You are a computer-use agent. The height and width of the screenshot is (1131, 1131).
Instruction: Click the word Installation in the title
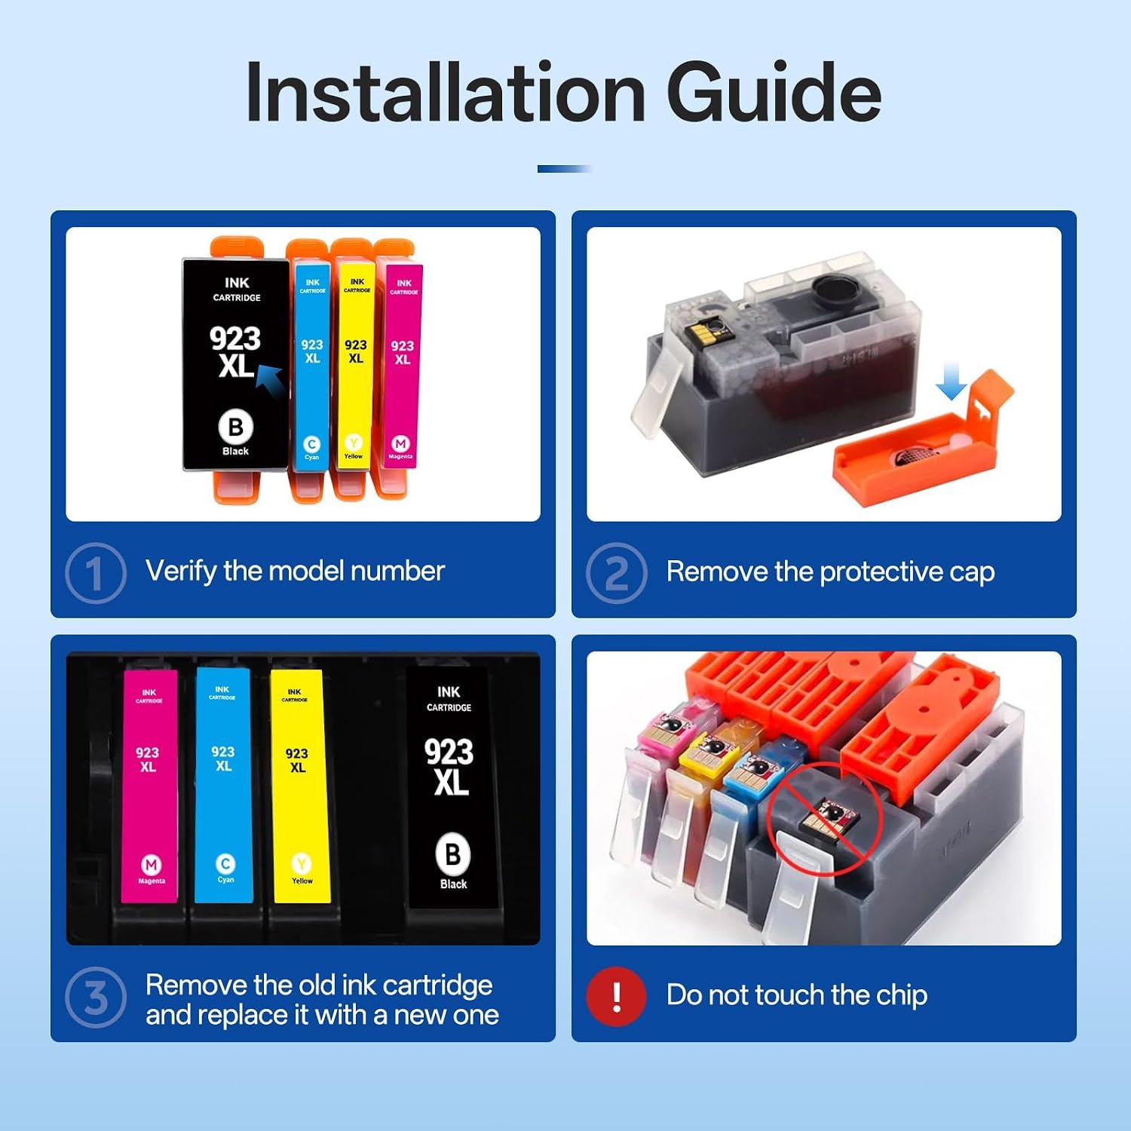445,92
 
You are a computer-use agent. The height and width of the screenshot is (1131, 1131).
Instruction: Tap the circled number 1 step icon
96,572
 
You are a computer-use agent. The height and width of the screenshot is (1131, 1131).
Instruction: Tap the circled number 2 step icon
617,572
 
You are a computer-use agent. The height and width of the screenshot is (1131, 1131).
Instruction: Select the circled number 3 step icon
96,997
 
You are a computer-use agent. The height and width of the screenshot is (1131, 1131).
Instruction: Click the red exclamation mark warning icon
617,997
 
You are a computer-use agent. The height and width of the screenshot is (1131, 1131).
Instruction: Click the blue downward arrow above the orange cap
951,380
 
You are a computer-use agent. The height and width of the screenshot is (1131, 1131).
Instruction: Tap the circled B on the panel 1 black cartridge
235,427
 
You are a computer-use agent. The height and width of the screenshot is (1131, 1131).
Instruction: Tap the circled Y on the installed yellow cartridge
302,864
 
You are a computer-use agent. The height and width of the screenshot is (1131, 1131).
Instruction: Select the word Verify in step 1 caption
181,572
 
